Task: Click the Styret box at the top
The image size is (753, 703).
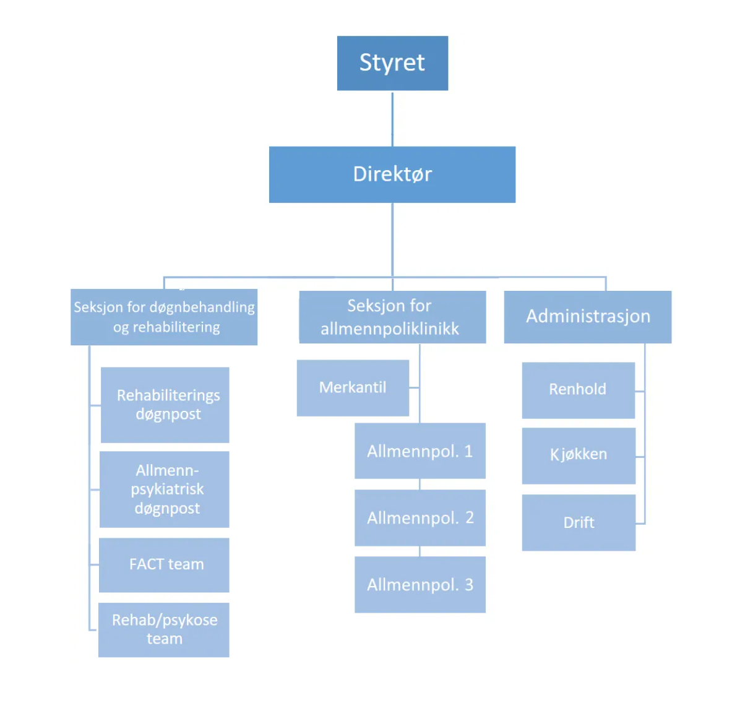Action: [x=392, y=63]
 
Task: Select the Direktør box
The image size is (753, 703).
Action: [x=392, y=175]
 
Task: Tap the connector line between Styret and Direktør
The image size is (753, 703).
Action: [x=392, y=119]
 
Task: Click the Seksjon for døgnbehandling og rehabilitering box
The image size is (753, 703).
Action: [x=164, y=317]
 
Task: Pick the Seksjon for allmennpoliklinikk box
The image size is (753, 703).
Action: [x=392, y=317]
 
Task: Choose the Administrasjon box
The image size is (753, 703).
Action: [x=587, y=317]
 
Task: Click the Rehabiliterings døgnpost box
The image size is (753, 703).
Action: [x=165, y=405]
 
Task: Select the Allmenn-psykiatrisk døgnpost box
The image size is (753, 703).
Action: [x=165, y=489]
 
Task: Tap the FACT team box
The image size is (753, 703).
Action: [x=164, y=564]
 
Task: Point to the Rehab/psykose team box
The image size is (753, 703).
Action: [x=164, y=629]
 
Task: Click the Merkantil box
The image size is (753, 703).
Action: [x=353, y=388]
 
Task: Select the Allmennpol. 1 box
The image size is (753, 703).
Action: [x=420, y=451]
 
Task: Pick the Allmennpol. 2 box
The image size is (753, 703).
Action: [x=420, y=518]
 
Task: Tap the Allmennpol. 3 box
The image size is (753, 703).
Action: [x=420, y=585]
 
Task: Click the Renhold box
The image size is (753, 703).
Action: [x=578, y=390]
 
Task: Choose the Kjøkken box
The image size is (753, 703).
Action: [x=578, y=455]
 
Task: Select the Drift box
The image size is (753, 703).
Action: [x=579, y=523]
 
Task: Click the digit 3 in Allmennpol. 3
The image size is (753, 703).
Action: [x=469, y=585]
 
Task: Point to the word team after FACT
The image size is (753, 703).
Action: [x=186, y=564]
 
